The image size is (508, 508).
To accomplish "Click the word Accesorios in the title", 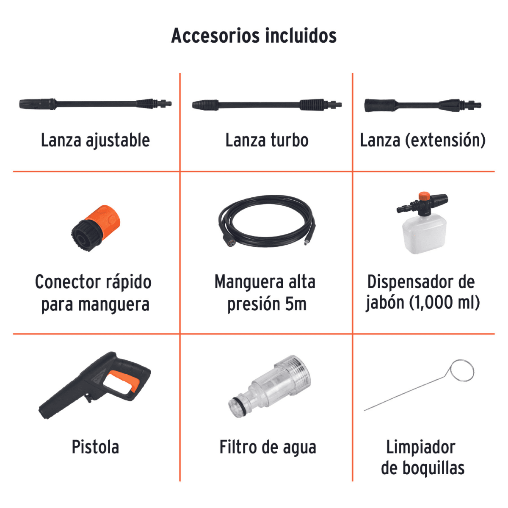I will point(216,36).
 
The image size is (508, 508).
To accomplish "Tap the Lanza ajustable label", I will point(95,141).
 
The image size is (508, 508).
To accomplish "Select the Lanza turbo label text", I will point(267,141).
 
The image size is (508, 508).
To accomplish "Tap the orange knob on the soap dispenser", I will point(424,197).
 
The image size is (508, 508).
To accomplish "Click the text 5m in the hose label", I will point(295,304).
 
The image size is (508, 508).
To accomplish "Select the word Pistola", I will point(95,447).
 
